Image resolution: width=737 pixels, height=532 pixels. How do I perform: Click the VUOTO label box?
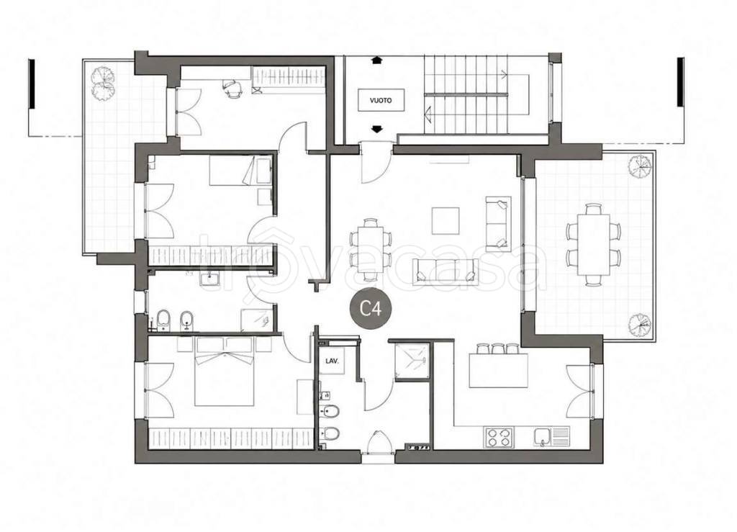pos(381,100)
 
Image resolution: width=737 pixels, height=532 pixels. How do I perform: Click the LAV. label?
pos(333,362)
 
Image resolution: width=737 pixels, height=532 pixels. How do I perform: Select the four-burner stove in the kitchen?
pos(499,436)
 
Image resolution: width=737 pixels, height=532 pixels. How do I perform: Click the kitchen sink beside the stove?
pos(551,436)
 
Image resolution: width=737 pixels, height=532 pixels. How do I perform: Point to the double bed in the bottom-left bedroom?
pos(225,371)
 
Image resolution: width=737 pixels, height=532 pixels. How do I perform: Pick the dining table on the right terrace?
pos(593,244)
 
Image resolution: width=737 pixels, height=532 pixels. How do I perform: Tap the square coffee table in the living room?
pos(446,220)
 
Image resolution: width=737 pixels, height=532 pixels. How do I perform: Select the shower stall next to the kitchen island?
pos(412,361)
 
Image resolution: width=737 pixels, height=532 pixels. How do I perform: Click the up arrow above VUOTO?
pos(376,60)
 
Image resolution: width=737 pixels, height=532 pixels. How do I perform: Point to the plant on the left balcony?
pos(102,84)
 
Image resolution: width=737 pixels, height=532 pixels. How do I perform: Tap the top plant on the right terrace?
pos(640,166)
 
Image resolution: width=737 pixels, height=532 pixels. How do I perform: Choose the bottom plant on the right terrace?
pos(640,324)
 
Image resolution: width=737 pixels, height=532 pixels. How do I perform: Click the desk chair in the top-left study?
pos(232,89)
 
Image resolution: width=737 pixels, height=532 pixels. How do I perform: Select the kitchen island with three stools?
pos(498,366)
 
